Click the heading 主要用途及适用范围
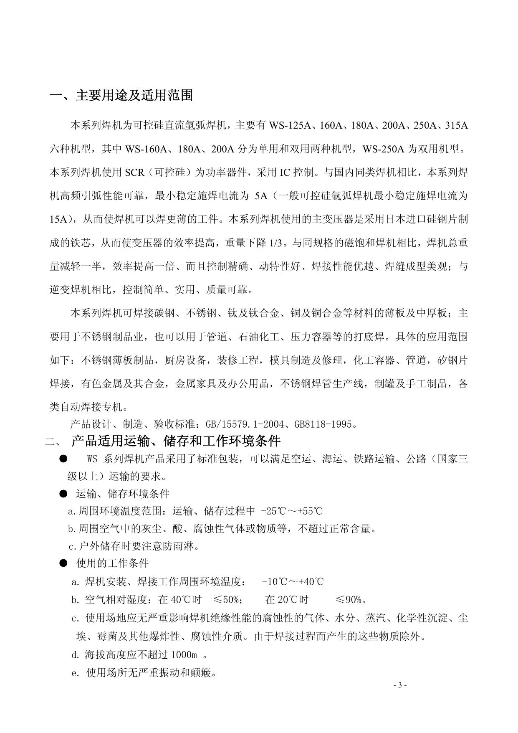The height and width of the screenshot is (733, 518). (x=134, y=96)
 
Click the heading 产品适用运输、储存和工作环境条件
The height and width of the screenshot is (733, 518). (x=176, y=441)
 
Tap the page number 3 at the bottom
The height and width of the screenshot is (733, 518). (x=399, y=685)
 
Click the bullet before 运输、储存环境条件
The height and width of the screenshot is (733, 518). (x=63, y=494)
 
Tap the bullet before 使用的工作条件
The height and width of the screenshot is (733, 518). (x=63, y=563)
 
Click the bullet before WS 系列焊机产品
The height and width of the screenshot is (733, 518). (x=63, y=459)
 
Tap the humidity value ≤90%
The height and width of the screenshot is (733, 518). (x=351, y=600)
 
